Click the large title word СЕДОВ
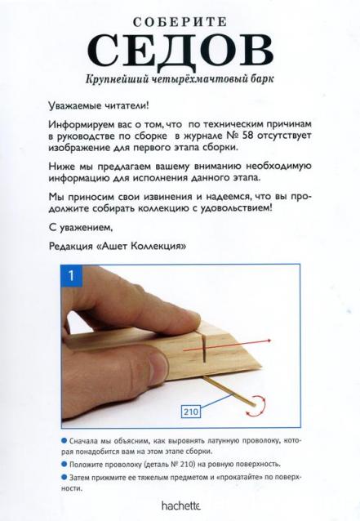click(x=180, y=51)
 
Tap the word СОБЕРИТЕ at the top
click(x=180, y=19)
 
